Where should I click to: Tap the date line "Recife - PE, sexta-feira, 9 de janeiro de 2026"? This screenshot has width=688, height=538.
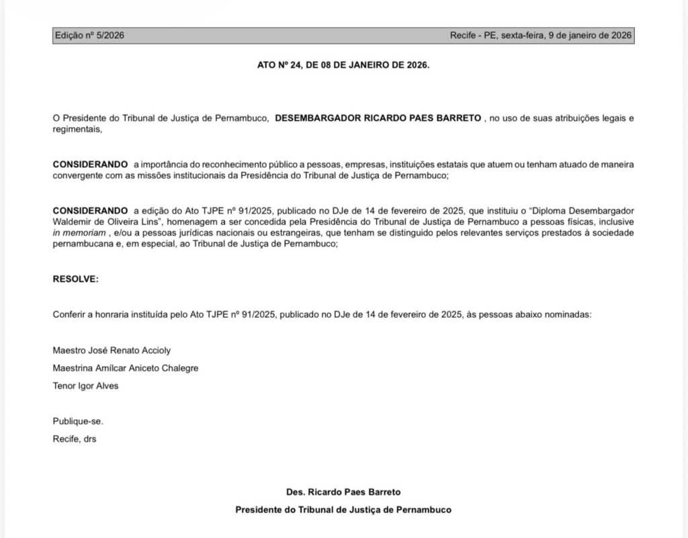[540, 36]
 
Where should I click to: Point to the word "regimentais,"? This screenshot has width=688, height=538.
[77, 130]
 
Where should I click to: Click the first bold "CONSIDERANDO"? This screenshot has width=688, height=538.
[90, 165]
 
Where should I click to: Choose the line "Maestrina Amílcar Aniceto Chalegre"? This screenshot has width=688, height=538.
[125, 368]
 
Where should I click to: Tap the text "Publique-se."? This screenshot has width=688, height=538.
[78, 421]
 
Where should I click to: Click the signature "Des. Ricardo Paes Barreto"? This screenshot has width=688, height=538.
[343, 492]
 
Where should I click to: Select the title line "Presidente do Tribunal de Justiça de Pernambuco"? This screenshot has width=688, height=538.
[343, 510]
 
